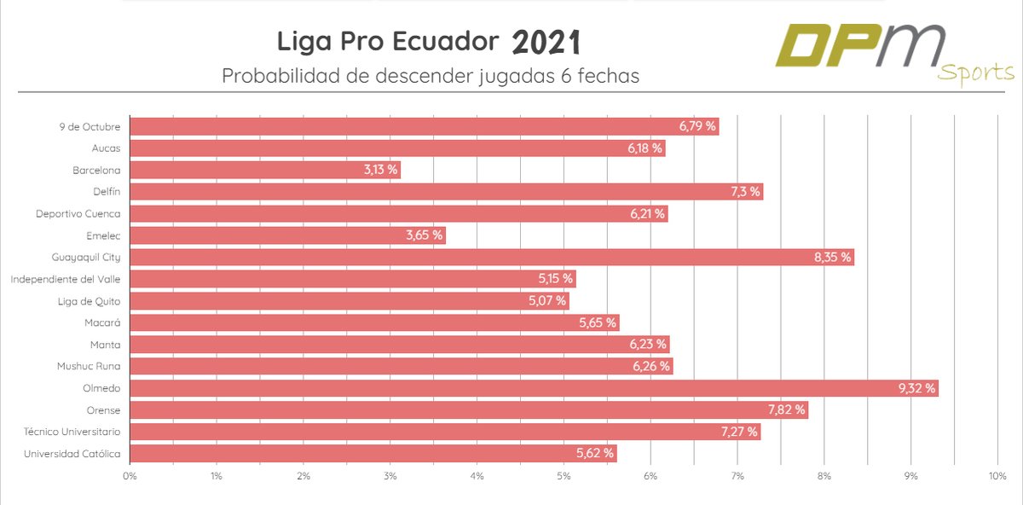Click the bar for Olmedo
coord(534,388)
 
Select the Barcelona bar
coord(265,170)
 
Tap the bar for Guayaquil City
coord(492,258)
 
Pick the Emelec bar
coord(287,235)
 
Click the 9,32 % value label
coord(916,388)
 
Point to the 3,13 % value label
coord(380,170)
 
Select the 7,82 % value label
coord(786,409)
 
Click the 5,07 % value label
coord(548,301)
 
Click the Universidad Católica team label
coord(72,454)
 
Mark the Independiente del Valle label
coord(66,279)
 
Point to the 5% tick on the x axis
coord(564,475)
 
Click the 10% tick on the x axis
coord(997,475)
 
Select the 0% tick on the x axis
coord(130,475)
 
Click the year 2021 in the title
coord(546,42)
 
